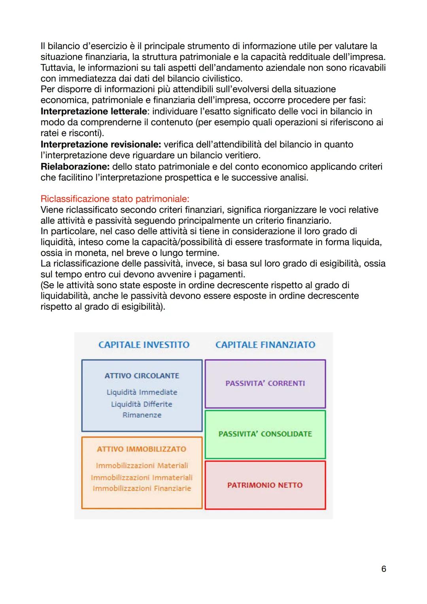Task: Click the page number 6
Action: click(383, 569)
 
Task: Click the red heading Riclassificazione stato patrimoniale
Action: click(115, 199)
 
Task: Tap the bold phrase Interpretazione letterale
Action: click(93, 112)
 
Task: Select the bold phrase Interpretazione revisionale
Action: click(100, 144)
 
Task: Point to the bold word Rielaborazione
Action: click(75, 167)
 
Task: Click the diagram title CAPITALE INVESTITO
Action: click(144, 345)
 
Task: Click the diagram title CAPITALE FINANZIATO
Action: click(265, 345)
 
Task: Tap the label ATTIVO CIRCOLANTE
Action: click(142, 376)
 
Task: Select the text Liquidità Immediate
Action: click(142, 392)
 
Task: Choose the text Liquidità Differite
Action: click(142, 404)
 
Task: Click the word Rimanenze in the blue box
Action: click(142, 415)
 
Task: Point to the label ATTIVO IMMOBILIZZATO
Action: click(142, 449)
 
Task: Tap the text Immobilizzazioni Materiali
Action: click(142, 466)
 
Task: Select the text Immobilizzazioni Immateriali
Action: click(142, 477)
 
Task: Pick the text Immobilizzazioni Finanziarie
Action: click(142, 489)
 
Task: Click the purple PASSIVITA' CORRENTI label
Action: click(265, 383)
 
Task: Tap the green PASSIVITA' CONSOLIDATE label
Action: click(265, 434)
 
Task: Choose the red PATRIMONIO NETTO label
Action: click(265, 485)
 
